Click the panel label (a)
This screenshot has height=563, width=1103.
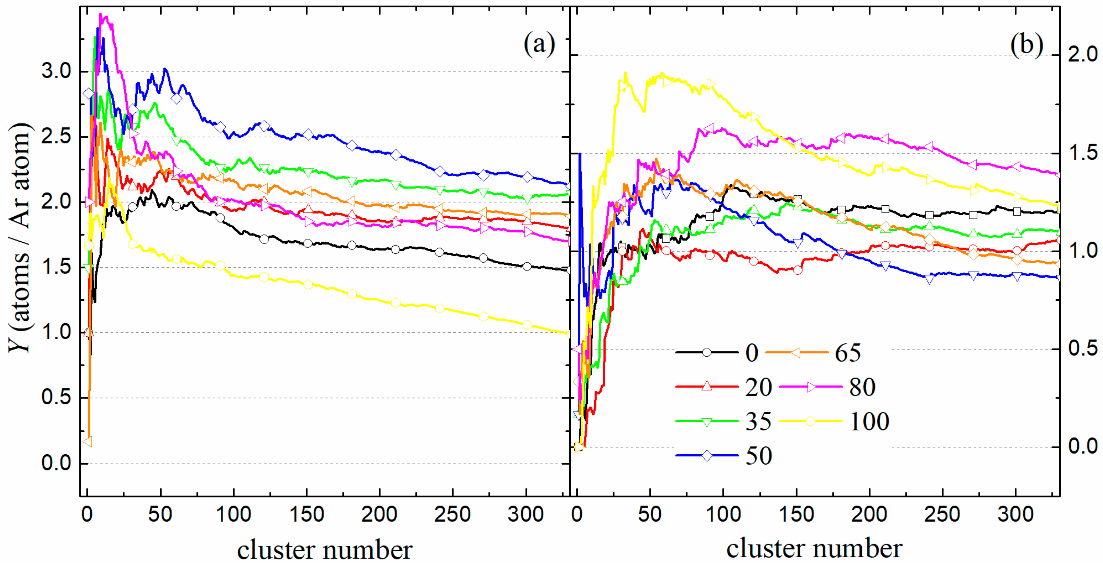coord(539,44)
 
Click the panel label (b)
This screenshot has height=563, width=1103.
coord(1026,44)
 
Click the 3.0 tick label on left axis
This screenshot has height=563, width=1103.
coord(56,71)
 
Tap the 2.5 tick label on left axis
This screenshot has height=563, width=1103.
coord(56,137)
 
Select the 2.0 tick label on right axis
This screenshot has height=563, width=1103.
coord(1082,55)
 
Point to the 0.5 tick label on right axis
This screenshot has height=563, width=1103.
coord(1082,348)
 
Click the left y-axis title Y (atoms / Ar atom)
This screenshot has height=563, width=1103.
coord(19,238)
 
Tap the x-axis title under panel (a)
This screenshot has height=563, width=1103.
coord(325,549)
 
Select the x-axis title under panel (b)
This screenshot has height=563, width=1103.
coord(814,548)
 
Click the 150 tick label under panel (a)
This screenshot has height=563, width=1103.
coord(307,514)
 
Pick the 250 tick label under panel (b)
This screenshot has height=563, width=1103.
coord(942,514)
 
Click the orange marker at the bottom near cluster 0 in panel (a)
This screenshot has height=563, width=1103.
coord(88,441)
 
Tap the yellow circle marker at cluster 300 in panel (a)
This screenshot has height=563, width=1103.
coord(527,325)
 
